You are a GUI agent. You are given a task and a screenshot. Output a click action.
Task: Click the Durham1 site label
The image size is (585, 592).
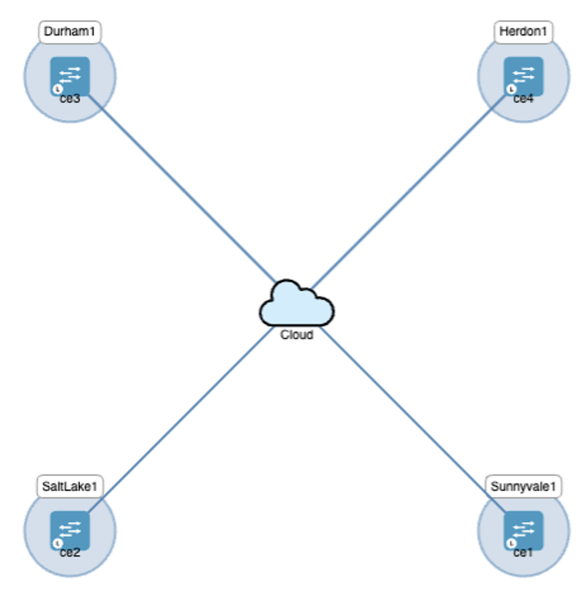[69, 31]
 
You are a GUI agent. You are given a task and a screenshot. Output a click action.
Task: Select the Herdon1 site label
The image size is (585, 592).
[524, 31]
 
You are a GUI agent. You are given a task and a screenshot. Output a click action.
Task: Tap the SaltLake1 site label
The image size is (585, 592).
[69, 485]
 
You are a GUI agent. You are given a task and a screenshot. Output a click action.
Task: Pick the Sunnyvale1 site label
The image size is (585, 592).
[524, 485]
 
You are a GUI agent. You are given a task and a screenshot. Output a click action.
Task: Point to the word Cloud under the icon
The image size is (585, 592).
[297, 335]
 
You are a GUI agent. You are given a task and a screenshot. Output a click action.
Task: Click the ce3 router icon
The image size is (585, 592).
[69, 75]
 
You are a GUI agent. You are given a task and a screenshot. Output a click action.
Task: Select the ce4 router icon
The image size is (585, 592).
[524, 75]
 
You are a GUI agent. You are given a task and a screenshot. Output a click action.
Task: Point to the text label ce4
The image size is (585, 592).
[524, 99]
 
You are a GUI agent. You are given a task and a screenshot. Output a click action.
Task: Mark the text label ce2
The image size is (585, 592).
[69, 553]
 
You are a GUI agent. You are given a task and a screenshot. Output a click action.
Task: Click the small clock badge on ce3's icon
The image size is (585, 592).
[57, 89]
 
